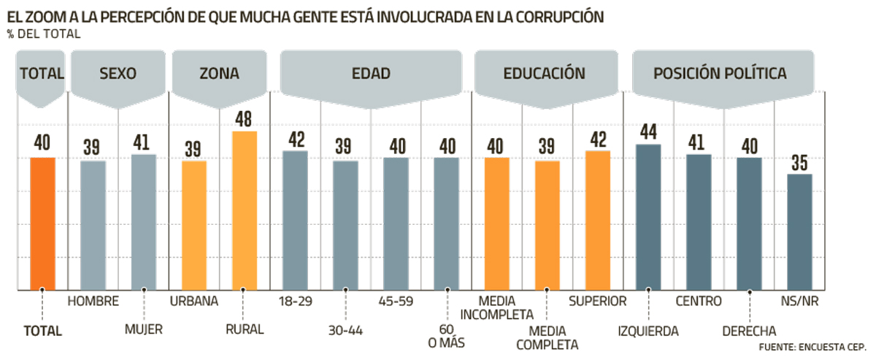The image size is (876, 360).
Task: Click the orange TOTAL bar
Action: pos(42,223)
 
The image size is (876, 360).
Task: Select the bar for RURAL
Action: pos(245,210)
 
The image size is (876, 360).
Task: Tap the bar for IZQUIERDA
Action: pos(649,217)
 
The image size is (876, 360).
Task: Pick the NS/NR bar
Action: pos(800,231)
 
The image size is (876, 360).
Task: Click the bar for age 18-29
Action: pos(295,221)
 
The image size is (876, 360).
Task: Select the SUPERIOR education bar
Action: pos(597,221)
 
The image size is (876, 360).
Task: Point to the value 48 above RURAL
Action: pos(245,119)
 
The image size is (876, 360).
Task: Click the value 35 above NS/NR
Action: pos(800,162)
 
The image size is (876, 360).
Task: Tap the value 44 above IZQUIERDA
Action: pos(649,132)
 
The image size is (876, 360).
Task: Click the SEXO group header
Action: pos(118,73)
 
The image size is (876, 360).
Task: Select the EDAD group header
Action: pos(370,73)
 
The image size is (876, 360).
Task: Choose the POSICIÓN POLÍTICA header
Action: pos(720,73)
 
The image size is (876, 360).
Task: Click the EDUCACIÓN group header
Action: pos(544,73)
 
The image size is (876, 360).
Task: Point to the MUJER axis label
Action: pos(144,330)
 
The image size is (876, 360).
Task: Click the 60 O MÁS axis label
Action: pos(447,336)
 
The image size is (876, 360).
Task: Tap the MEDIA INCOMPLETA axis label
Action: pos(507,308)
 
